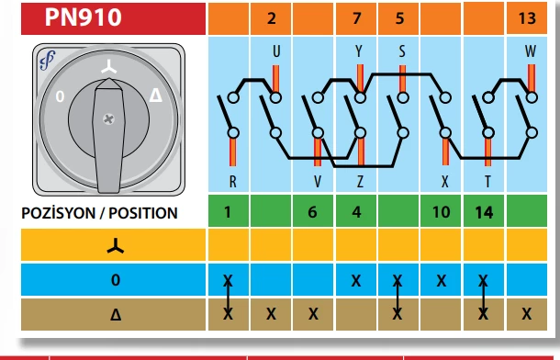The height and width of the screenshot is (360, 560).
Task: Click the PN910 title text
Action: [83, 17]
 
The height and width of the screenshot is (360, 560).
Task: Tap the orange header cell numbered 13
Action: [527, 18]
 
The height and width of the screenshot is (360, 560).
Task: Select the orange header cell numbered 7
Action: [356, 18]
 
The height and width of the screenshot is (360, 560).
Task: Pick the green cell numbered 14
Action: [484, 211]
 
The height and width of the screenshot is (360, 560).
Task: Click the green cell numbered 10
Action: [441, 211]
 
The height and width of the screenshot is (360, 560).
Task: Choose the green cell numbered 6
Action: [313, 211]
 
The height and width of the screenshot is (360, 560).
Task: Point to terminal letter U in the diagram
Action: [276, 51]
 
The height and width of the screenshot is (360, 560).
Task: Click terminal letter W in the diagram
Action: [531, 51]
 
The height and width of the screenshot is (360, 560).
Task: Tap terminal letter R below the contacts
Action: [232, 182]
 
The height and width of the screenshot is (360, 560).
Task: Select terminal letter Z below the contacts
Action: [360, 182]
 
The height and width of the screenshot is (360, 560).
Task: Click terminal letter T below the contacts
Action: [487, 182]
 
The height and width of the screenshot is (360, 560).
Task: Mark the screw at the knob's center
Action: [108, 119]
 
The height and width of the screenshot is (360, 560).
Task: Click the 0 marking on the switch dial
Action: [60, 96]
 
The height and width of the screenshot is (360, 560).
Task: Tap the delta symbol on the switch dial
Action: [156, 96]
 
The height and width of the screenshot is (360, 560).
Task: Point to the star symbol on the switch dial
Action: [108, 67]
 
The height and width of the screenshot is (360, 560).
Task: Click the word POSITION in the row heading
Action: [143, 213]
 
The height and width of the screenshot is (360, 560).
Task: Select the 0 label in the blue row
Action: [116, 279]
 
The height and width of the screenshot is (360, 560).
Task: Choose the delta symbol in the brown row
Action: [116, 315]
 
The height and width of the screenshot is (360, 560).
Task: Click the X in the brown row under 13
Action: [526, 314]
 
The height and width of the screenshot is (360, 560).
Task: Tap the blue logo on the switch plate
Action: [48, 60]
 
